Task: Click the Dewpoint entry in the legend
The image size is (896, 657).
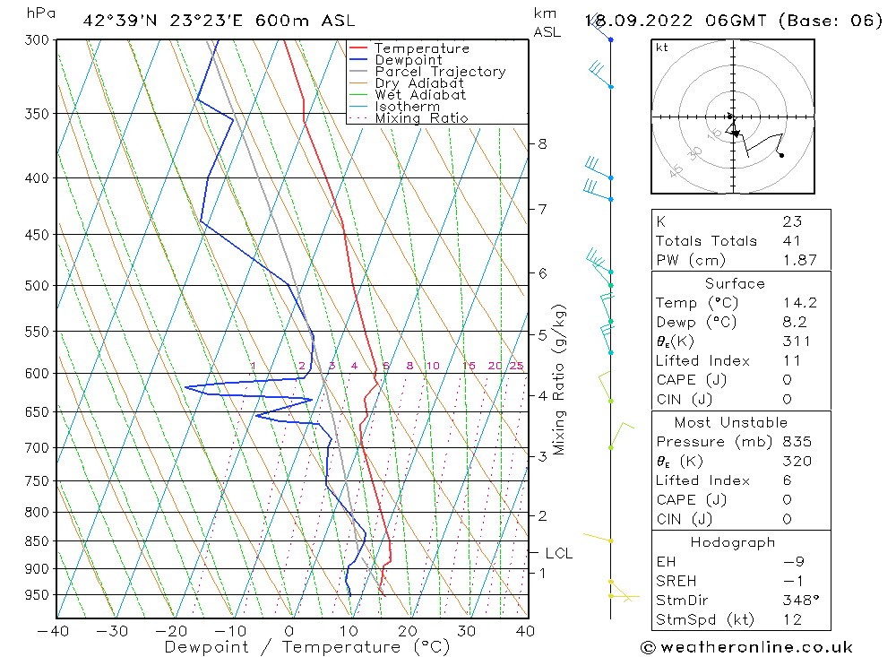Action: coord(408,60)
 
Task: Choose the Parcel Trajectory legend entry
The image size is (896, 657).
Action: coord(440,72)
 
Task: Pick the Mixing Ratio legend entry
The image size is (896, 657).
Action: coord(421,118)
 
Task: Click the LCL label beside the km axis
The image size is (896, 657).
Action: coord(558,554)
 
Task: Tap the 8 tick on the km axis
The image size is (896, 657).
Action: coord(542,143)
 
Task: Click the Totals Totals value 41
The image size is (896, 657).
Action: coord(791,240)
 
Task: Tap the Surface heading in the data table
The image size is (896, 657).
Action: coord(735,283)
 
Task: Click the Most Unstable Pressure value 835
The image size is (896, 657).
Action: coord(797,442)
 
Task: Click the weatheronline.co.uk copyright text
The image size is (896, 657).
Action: coord(746,646)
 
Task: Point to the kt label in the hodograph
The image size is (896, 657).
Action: coord(662,48)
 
